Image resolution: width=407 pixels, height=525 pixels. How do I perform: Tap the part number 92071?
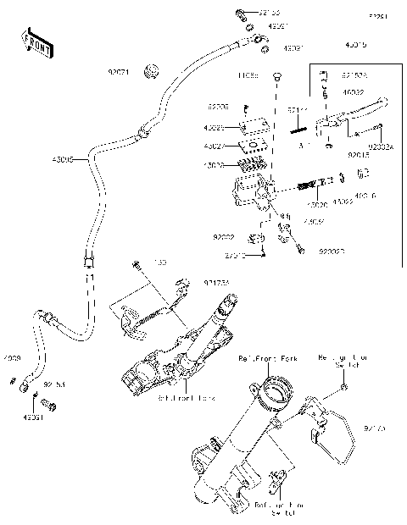click(118, 72)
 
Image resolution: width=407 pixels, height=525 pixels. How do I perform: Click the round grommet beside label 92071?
click(150, 69)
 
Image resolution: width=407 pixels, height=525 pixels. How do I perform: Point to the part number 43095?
click(63, 158)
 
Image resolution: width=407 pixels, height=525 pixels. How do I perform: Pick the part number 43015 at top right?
click(356, 43)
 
